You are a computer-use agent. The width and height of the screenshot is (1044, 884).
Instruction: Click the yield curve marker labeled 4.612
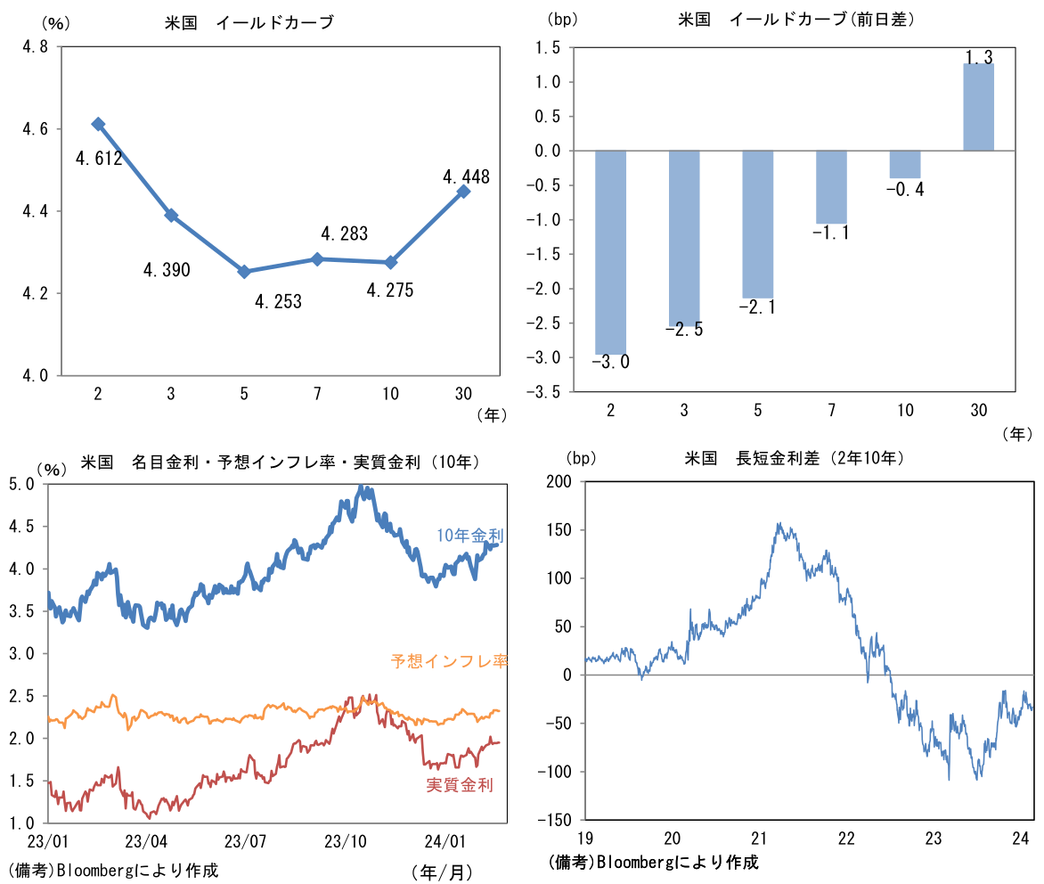point(98,124)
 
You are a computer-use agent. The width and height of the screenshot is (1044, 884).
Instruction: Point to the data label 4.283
point(344,234)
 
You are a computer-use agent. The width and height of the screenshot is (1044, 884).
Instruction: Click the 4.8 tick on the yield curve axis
point(35,47)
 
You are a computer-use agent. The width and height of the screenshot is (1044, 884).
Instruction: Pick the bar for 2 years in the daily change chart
point(611,252)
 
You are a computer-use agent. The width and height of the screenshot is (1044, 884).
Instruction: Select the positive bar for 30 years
point(979,107)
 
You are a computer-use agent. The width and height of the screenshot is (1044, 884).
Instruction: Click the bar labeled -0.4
point(905,165)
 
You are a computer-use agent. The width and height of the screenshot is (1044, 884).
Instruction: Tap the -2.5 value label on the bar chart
point(684,330)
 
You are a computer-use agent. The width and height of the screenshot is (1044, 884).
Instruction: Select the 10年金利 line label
point(470,536)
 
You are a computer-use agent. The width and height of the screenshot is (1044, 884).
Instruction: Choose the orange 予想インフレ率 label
point(449,661)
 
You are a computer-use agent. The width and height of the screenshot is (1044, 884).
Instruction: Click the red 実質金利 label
point(460,784)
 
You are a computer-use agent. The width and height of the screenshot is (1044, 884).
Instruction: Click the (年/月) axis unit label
point(443,871)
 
